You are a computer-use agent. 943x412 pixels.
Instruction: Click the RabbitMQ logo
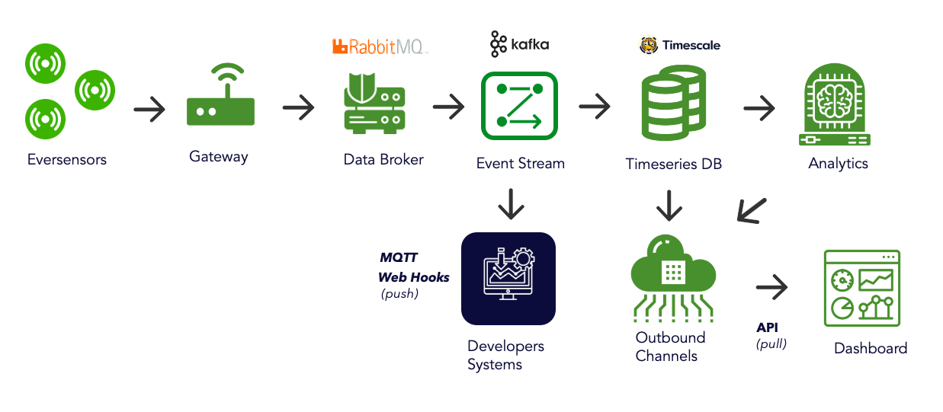click(x=380, y=47)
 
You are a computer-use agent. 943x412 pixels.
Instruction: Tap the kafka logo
click(x=519, y=45)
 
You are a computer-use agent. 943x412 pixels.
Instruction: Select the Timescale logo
click(x=679, y=46)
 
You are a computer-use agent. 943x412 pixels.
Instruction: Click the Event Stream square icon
click(x=519, y=105)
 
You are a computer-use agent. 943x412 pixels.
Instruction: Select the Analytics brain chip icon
click(x=838, y=106)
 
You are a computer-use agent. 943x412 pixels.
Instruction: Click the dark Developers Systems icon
click(x=508, y=279)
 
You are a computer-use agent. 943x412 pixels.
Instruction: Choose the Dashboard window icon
click(x=861, y=289)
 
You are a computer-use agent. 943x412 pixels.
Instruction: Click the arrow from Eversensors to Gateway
click(x=149, y=110)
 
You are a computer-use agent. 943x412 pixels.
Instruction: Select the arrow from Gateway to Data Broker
click(x=298, y=108)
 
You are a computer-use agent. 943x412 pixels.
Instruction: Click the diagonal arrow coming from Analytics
click(x=752, y=210)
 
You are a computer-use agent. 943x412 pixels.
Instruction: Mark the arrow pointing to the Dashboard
click(x=771, y=288)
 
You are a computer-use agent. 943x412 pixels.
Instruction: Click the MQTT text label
click(x=399, y=258)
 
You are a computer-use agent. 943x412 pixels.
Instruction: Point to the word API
click(x=767, y=327)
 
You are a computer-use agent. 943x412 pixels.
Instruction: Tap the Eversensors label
click(x=67, y=160)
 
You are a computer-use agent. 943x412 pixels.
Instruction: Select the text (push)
click(x=400, y=294)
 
